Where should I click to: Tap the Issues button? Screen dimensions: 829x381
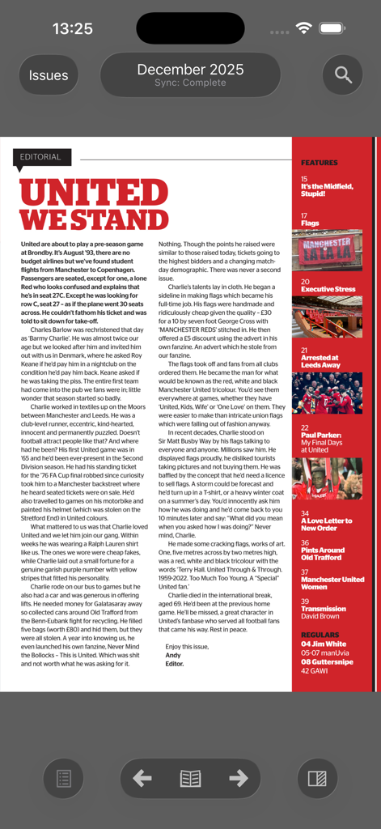click(49, 75)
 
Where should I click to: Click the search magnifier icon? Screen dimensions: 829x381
click(343, 75)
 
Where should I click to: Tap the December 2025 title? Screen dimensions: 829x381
click(190, 70)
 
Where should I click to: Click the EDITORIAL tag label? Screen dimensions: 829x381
click(41, 157)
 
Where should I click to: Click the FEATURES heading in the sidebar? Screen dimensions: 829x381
click(320, 163)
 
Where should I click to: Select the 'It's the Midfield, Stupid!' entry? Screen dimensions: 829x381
click(327, 190)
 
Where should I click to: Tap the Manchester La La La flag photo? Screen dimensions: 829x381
click(327, 251)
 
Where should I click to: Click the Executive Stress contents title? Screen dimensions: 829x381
click(328, 289)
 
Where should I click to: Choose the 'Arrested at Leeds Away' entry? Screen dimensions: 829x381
click(320, 361)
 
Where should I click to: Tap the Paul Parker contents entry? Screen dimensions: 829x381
click(322, 438)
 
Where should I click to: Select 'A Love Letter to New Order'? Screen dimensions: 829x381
click(326, 524)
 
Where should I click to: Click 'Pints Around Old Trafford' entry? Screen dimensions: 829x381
click(323, 554)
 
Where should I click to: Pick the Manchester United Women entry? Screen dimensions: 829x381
click(332, 583)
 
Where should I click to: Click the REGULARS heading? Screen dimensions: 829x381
click(320, 636)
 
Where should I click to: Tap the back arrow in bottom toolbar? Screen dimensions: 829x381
click(142, 779)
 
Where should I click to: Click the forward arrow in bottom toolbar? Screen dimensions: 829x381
click(238, 779)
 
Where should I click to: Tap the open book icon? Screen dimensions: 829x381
click(190, 779)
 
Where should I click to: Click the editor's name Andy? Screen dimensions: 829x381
click(172, 655)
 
